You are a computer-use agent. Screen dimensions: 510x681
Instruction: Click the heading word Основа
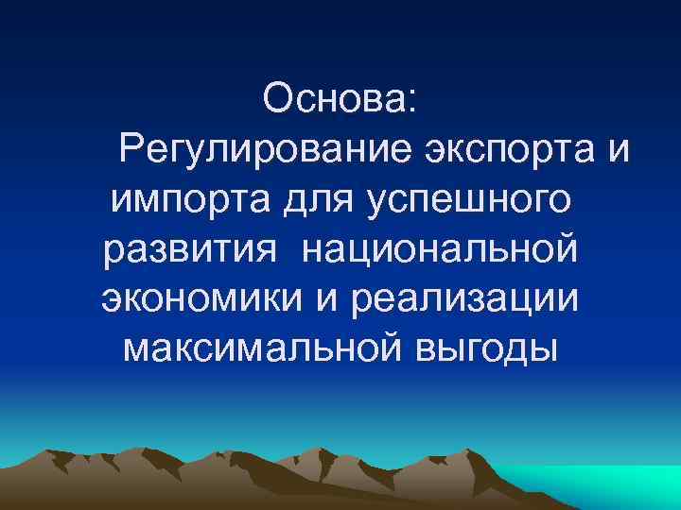coord(337,98)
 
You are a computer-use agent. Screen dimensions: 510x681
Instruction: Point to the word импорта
coord(188,198)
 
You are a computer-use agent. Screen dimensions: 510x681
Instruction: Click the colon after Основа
coord(413,100)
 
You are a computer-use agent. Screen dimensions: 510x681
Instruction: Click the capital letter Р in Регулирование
coord(130,148)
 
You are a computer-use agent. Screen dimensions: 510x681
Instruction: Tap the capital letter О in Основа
coord(278,98)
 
